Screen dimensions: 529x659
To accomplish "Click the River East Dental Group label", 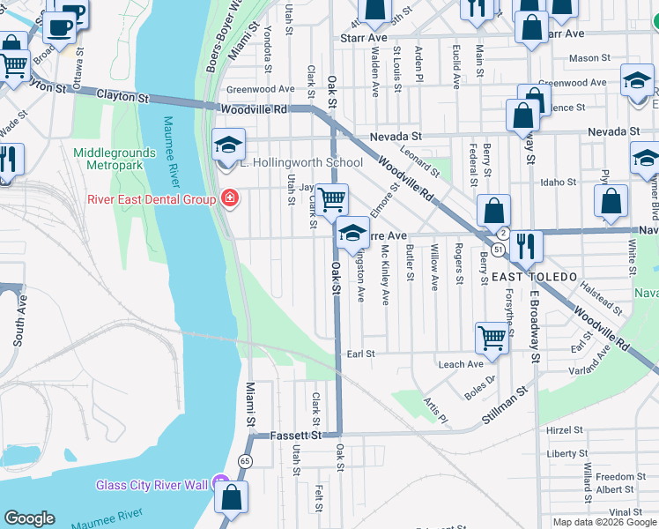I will click(151, 199).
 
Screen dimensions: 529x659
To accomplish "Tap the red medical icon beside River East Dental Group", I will click(230, 199).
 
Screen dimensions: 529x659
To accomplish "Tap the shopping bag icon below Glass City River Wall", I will click(231, 497).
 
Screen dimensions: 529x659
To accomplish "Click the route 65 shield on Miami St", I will click(244, 461).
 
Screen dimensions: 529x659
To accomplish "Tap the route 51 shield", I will click(499, 250).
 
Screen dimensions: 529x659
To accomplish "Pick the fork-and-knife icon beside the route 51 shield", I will click(526, 246).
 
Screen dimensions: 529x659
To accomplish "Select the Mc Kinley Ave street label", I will click(385, 276).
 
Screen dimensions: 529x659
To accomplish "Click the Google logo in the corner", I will click(29, 518).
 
